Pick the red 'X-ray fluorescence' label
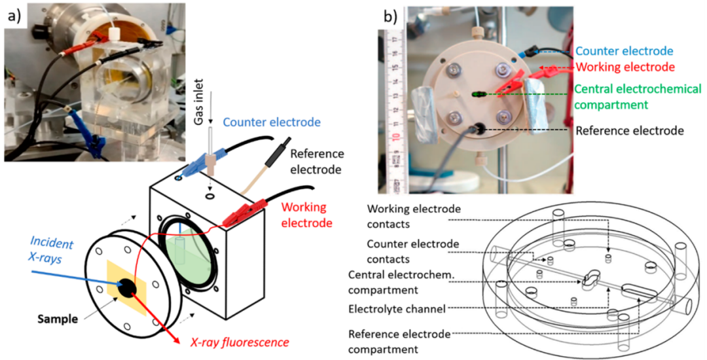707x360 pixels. click(x=239, y=342)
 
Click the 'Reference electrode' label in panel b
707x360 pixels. click(x=629, y=130)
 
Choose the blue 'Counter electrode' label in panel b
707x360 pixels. click(x=625, y=50)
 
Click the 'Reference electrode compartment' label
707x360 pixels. click(x=400, y=342)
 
